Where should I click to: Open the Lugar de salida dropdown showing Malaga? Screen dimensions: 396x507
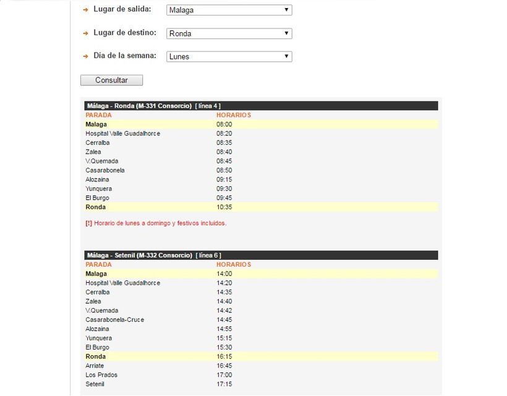(229, 10)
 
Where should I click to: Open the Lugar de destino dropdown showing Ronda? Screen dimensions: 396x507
(229, 33)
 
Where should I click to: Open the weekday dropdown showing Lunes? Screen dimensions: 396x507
(229, 56)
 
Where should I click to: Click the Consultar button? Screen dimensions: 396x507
(111, 80)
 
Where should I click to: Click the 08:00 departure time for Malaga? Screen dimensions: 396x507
(224, 124)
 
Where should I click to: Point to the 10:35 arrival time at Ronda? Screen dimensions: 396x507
(224, 207)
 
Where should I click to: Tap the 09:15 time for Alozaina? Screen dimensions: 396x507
(224, 179)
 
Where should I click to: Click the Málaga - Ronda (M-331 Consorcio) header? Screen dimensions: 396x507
(139, 106)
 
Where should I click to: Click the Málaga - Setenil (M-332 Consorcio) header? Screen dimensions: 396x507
(140, 255)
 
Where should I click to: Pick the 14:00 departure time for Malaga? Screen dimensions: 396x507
(224, 273)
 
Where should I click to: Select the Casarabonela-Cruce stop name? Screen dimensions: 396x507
(115, 319)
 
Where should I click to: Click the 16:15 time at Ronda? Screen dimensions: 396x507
(224, 356)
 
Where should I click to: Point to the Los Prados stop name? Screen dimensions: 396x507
(101, 375)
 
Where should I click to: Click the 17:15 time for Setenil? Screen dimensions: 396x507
(224, 384)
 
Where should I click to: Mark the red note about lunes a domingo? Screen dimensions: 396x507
(156, 223)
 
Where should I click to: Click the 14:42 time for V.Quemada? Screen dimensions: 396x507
(224, 311)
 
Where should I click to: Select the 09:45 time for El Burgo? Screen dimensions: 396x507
(224, 198)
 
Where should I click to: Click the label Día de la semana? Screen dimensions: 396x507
(124, 56)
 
